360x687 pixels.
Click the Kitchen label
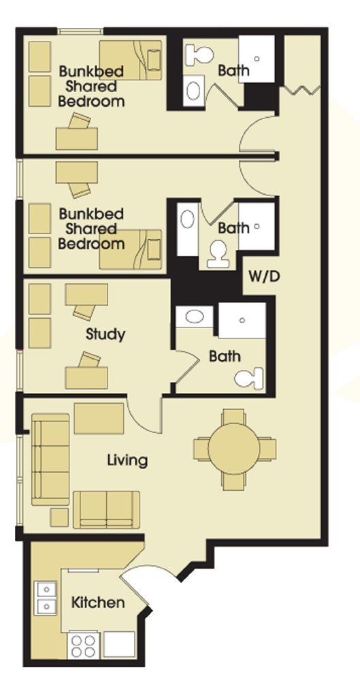pos(98,603)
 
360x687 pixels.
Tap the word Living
pos(127,461)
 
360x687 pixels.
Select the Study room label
pos(105,334)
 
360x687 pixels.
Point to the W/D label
pos(264,277)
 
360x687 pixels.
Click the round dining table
pos(234,449)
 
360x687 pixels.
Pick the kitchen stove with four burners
pos(83,646)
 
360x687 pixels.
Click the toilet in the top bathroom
pos(199,55)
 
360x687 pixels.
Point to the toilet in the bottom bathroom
pos(249,379)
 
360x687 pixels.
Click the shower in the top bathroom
pos(257,59)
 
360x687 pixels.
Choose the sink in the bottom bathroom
pos(195,317)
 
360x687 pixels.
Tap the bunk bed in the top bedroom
pos(131,60)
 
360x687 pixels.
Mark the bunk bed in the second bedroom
pos(131,249)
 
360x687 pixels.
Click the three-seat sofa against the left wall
pos(50,459)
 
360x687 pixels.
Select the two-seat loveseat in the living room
pos(106,509)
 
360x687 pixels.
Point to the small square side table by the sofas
pos(59,517)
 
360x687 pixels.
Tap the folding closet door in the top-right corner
pos(302,89)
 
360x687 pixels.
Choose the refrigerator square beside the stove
pos(118,645)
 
